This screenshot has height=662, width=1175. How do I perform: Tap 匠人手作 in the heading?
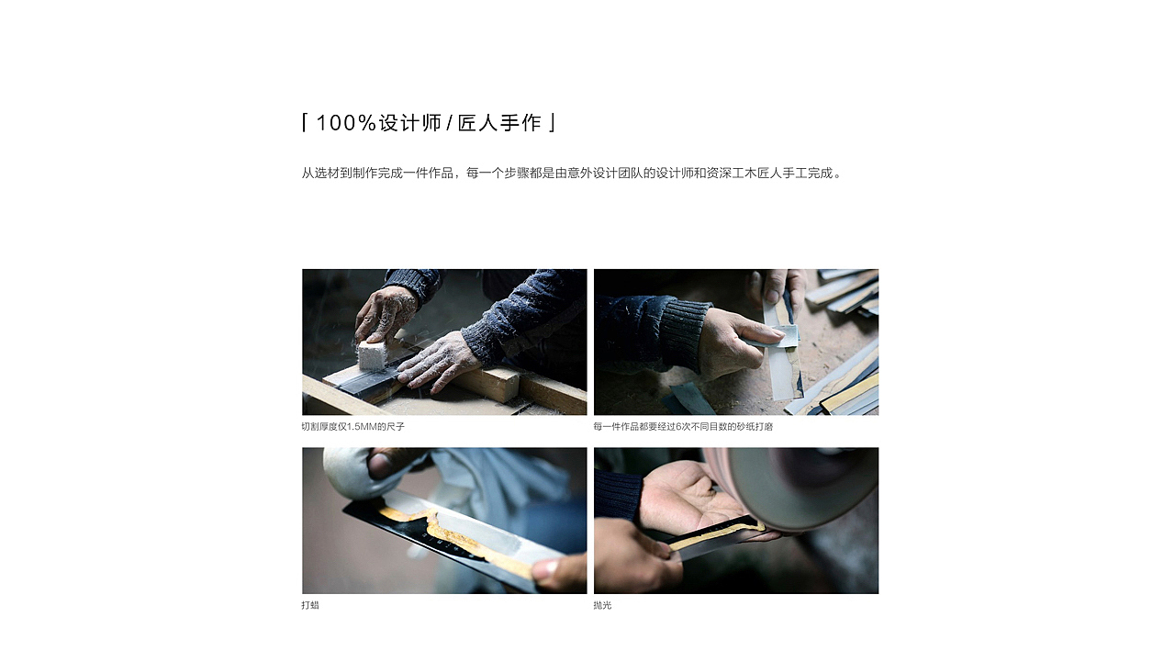(500, 123)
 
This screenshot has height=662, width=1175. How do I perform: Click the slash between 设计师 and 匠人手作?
(450, 123)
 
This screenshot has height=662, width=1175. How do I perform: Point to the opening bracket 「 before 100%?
(305, 123)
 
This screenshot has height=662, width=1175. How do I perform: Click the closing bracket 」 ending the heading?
(552, 123)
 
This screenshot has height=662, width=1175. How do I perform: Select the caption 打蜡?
(310, 606)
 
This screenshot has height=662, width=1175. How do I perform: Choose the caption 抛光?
(602, 606)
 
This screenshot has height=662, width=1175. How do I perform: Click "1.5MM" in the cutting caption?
(363, 427)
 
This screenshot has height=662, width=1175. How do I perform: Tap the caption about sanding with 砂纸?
(683, 427)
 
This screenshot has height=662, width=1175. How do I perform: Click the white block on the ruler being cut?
(373, 354)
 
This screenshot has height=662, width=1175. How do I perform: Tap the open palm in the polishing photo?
(684, 496)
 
